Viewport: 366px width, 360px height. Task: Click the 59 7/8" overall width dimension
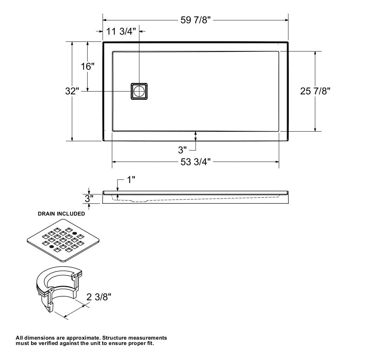point(196,20)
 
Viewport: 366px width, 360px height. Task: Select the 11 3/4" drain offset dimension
point(121,31)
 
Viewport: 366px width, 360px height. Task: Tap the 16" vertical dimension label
point(87,66)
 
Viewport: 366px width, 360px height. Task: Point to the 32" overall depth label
point(72,91)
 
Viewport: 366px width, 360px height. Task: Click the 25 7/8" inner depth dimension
point(315,91)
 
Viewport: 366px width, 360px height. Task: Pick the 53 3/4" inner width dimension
point(196,162)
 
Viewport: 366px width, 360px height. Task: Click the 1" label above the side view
point(131,180)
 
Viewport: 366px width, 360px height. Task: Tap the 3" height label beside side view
point(89,198)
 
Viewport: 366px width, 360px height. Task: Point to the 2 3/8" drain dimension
point(99,297)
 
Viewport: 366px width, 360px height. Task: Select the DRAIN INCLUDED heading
point(61,214)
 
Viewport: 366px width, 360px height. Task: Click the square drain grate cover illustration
point(63,240)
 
